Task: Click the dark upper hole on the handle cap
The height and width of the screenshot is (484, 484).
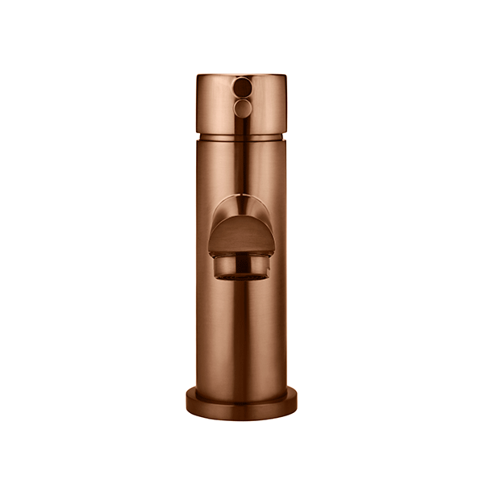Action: [241, 85]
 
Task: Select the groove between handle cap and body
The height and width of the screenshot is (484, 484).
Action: [241, 138]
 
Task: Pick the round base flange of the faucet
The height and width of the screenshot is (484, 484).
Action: [241, 404]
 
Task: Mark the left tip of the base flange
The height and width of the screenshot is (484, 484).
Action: [186, 400]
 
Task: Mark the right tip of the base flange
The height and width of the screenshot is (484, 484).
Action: [296, 400]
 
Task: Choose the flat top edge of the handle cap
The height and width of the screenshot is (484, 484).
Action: [241, 75]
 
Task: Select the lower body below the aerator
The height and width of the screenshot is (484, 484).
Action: [241, 331]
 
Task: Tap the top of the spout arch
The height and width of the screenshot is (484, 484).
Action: [241, 196]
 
